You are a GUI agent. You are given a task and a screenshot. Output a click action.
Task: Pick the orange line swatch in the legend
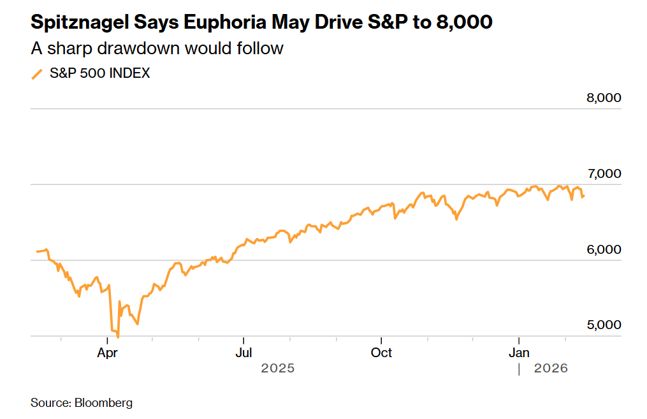(38, 73)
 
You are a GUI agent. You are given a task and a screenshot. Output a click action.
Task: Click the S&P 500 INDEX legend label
(100, 73)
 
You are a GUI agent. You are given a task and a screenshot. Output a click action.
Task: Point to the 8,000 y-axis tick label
(603, 98)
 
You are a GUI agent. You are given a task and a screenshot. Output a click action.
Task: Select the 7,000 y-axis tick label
(603, 173)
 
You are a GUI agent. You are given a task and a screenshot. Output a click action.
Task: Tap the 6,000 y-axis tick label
(603, 249)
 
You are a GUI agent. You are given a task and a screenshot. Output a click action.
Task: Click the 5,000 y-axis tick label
(603, 325)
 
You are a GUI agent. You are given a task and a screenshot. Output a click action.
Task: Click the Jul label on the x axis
(244, 352)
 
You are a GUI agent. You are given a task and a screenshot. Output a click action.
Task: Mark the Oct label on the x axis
(381, 352)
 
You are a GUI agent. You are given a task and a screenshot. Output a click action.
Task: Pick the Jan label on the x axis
(520, 352)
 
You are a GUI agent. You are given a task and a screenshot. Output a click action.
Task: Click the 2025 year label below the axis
(278, 368)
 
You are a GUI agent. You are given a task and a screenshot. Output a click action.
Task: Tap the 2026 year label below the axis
(551, 368)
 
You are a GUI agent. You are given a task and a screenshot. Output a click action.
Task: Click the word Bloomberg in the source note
(104, 402)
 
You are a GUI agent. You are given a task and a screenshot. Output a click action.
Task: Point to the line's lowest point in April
(118, 337)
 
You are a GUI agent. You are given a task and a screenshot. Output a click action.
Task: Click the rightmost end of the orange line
(584, 196)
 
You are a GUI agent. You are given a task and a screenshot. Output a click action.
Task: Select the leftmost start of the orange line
(37, 251)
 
